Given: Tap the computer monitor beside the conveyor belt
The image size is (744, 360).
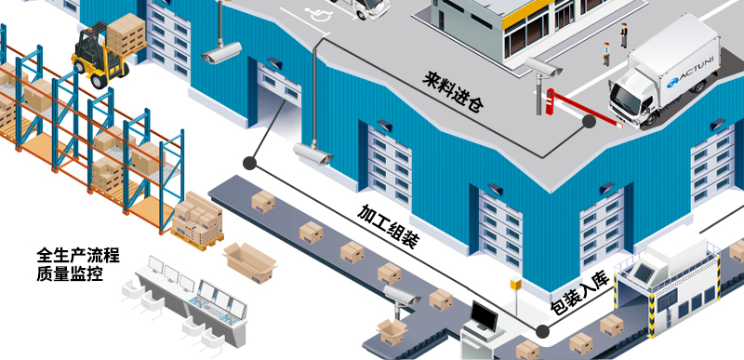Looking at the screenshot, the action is point(485,315).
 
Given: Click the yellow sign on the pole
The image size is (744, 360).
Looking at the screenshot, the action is point(513,283).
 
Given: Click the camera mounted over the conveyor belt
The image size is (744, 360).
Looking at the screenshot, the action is point(403,296).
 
